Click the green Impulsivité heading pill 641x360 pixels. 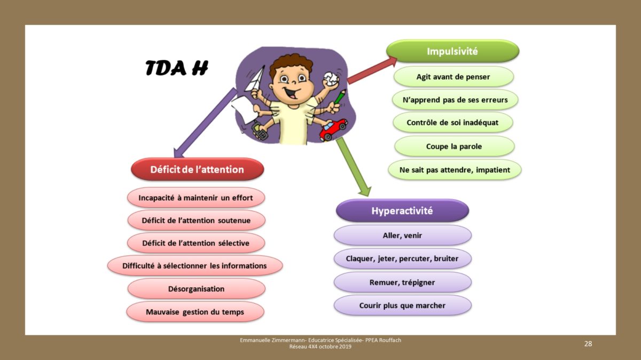point(453,51)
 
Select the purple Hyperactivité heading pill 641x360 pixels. point(402,210)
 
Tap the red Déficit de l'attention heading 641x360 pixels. point(197,169)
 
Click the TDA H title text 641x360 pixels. point(177,68)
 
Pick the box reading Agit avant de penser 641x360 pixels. point(454,77)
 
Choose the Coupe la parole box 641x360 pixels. point(454,146)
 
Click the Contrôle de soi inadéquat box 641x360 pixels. point(453,122)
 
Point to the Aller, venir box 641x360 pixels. point(402,235)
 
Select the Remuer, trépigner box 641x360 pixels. point(402,282)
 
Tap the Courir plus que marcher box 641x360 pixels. point(402,306)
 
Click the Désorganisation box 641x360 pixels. point(197,289)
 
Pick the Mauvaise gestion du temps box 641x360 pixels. point(195,311)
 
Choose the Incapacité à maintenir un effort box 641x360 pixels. point(196,198)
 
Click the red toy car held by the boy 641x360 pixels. point(333,130)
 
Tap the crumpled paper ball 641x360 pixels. point(331,79)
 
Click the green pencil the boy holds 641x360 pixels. point(340,97)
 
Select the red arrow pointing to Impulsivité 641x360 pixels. point(372,71)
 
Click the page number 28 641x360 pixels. point(588,343)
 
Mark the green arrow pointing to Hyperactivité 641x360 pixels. point(354,167)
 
